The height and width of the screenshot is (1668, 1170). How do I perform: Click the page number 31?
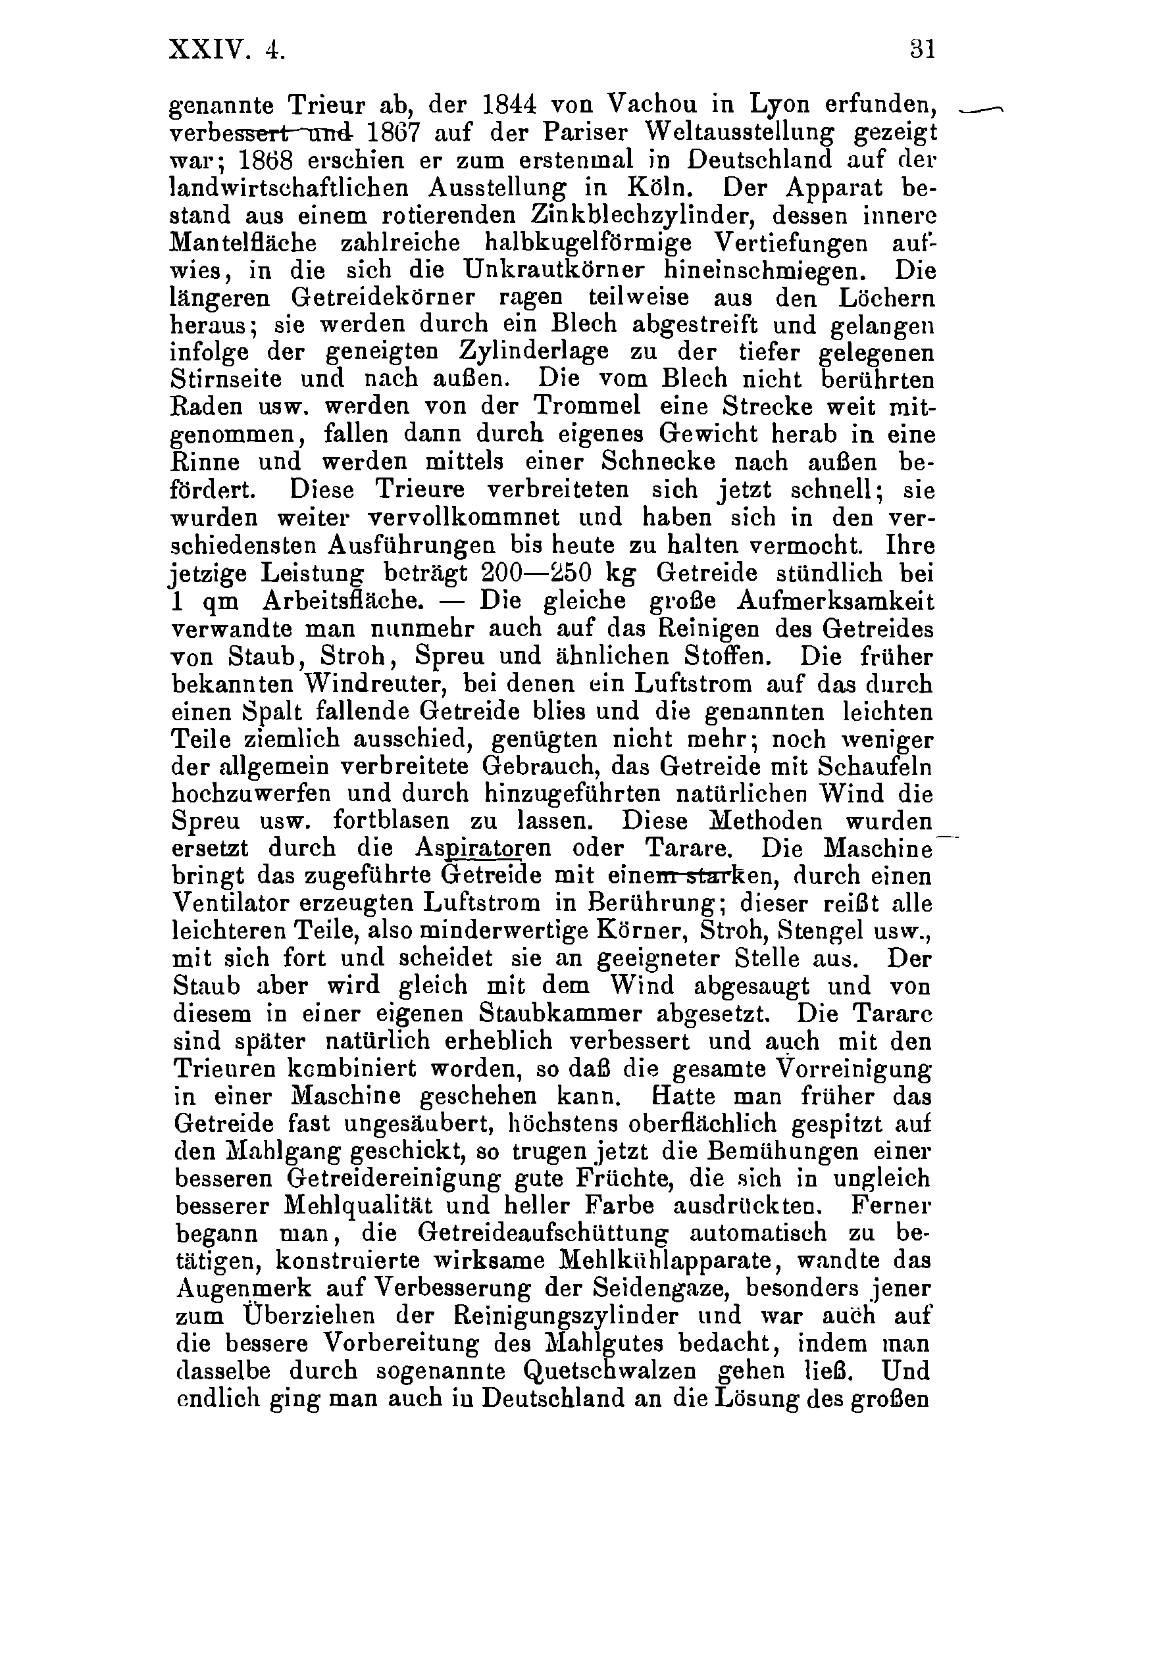point(921,50)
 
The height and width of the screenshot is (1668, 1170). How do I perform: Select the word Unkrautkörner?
point(555,270)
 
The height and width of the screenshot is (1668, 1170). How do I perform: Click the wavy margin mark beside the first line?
point(980,109)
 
